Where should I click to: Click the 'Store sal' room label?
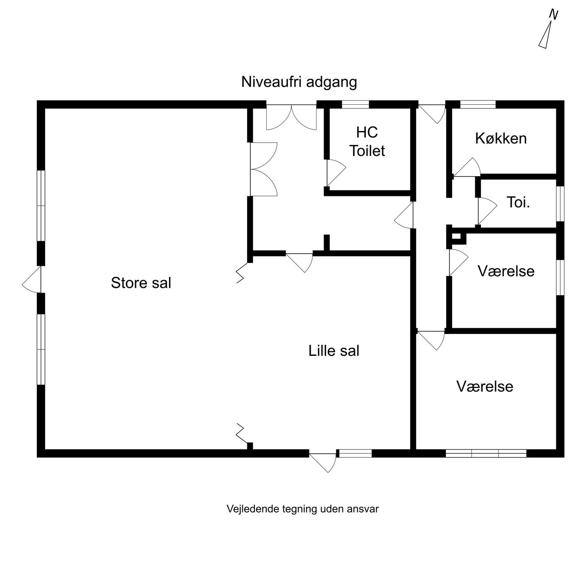click(141, 283)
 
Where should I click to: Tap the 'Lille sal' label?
click(334, 351)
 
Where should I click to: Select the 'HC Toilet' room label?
click(367, 142)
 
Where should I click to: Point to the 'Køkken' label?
click(501, 139)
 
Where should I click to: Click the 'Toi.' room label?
click(518, 202)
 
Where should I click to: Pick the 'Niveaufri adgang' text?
click(299, 82)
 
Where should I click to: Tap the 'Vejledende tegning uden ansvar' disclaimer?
click(303, 509)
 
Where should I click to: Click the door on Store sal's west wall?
click(32, 280)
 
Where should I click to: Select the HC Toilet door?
click(337, 173)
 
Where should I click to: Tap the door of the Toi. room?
click(487, 211)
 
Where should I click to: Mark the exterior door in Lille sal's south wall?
click(323, 463)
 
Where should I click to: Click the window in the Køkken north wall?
click(478, 104)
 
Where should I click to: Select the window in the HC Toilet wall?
click(355, 104)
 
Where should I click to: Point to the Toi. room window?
click(560, 204)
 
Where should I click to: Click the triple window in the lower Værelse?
click(486, 453)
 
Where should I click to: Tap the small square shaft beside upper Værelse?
click(456, 237)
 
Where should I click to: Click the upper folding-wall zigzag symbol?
click(242, 273)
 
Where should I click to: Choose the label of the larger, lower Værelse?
click(485, 386)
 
